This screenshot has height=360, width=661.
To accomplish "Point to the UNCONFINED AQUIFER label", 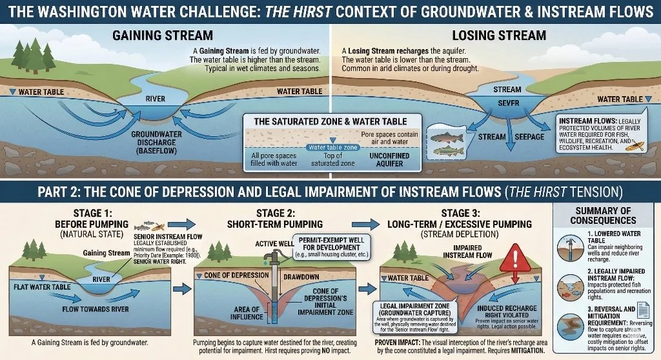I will tap(386, 159).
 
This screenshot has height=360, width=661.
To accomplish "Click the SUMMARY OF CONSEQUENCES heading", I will tap(602, 215).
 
